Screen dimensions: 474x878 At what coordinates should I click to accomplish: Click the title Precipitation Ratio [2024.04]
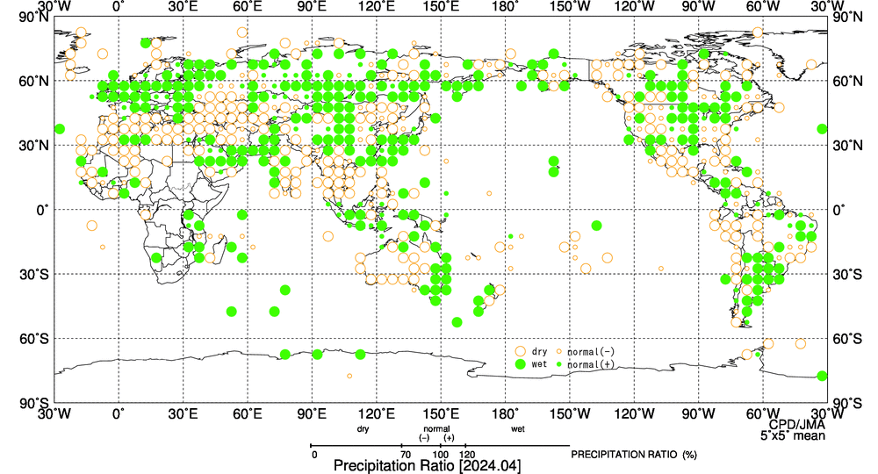(427, 466)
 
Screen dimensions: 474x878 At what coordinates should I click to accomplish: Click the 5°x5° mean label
(792, 434)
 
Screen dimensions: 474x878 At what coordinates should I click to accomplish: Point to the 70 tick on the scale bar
(405, 454)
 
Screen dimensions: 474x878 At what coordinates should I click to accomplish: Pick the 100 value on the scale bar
(444, 454)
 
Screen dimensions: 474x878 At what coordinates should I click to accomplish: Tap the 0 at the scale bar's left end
(313, 454)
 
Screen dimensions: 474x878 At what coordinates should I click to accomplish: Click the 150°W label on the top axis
(570, 6)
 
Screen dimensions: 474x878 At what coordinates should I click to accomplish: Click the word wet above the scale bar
(518, 429)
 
